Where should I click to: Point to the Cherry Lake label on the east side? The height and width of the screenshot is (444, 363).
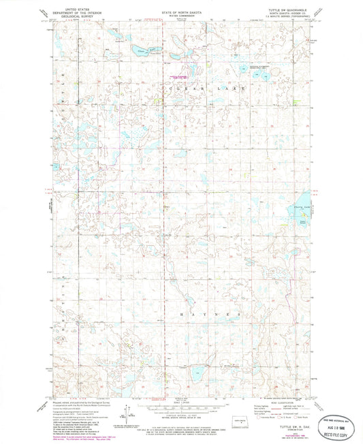click(302, 206)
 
